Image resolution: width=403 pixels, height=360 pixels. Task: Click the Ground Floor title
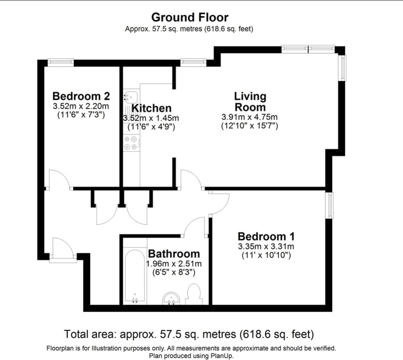click(x=190, y=17)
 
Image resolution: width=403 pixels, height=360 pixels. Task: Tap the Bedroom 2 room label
click(x=81, y=96)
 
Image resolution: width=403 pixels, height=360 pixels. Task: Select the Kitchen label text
click(x=151, y=108)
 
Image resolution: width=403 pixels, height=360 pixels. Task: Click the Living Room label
click(x=250, y=102)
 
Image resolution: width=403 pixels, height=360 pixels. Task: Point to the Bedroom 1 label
click(x=266, y=237)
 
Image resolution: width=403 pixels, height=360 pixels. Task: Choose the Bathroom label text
click(x=174, y=254)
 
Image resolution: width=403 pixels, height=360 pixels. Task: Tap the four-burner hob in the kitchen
click(x=131, y=143)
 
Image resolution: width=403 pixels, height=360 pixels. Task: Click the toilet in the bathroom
click(x=193, y=295)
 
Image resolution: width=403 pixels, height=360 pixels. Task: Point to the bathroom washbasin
click(x=172, y=299)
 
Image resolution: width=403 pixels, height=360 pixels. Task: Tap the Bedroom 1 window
click(x=329, y=206)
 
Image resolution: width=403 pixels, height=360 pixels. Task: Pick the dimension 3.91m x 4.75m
click(x=250, y=117)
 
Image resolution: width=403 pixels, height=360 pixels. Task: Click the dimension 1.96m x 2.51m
click(x=174, y=264)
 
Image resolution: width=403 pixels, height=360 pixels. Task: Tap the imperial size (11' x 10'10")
click(x=266, y=256)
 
